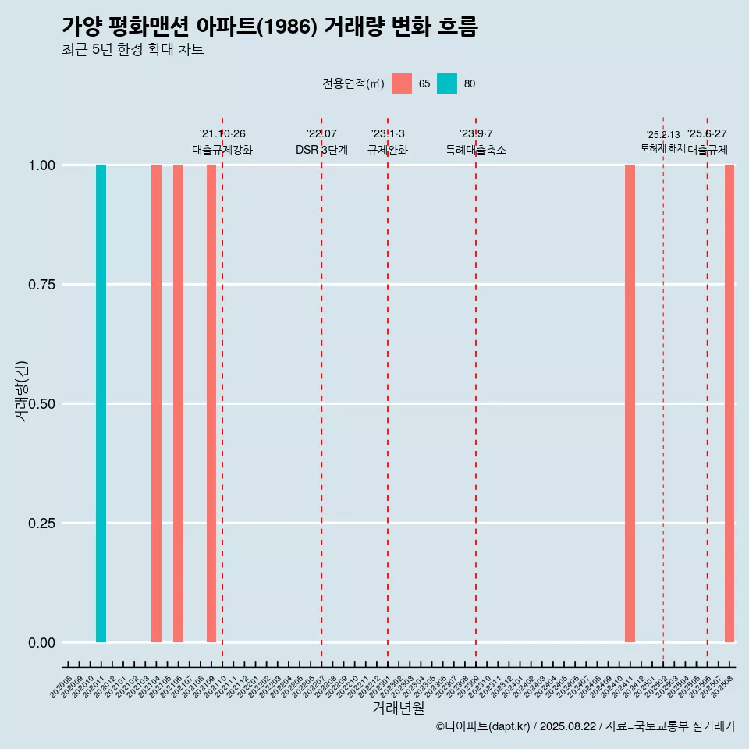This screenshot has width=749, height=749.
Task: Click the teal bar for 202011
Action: (101, 403)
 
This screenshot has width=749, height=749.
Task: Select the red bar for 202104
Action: (156, 403)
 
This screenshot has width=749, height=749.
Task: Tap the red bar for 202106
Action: (178, 403)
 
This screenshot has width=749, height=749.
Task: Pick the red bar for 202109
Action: (211, 403)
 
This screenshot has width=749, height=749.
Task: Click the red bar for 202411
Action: (630, 403)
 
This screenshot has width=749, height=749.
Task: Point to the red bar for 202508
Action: (729, 403)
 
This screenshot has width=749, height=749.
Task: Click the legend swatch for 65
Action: (402, 83)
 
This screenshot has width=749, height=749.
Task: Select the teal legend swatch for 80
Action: (447, 83)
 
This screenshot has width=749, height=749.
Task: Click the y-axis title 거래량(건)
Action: (22, 390)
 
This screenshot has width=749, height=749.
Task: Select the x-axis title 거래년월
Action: (398, 708)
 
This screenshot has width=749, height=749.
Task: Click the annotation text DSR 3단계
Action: (321, 150)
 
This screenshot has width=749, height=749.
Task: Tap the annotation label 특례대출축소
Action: (476, 150)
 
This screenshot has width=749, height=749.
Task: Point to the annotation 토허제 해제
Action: (662, 147)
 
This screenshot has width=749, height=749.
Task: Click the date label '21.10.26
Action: (222, 134)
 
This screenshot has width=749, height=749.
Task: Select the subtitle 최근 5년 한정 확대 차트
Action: (133, 50)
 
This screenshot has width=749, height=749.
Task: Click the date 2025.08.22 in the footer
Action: (567, 726)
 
